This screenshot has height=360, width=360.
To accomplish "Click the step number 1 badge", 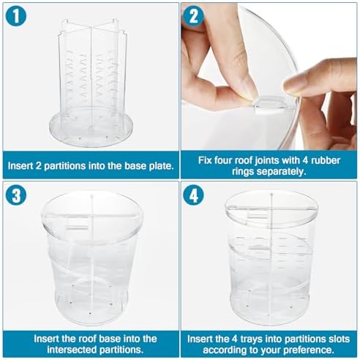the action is (16, 16).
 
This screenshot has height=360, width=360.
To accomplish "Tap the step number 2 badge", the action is (194, 16).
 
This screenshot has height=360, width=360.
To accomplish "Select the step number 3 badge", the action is (16, 195).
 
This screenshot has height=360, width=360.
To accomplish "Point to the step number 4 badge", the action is (194, 195).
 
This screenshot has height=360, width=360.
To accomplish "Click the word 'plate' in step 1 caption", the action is (161, 166).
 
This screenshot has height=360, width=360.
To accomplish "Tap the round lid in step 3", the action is (92, 217).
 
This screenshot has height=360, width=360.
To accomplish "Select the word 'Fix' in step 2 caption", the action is (205, 160).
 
